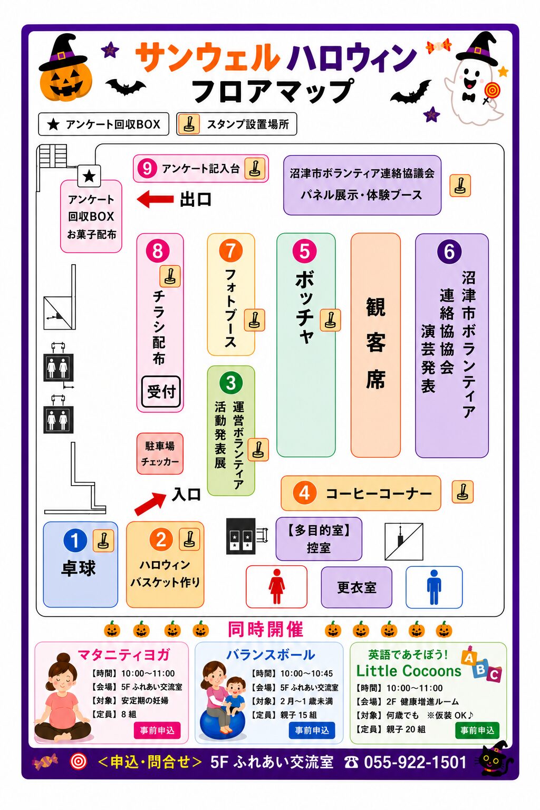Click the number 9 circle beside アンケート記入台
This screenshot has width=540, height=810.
click(x=147, y=169)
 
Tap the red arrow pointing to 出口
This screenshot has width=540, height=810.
click(x=155, y=199)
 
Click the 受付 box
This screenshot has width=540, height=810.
click(x=161, y=392)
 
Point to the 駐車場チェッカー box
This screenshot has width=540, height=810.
click(x=160, y=454)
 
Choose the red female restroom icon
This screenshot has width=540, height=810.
click(x=277, y=586)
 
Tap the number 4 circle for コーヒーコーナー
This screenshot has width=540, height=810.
click(x=305, y=493)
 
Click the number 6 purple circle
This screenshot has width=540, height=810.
click(x=449, y=252)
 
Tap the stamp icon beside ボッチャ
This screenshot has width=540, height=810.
click(x=330, y=320)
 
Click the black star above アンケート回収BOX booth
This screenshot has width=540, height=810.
click(x=89, y=177)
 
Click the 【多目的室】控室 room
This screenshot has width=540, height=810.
click(x=319, y=539)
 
